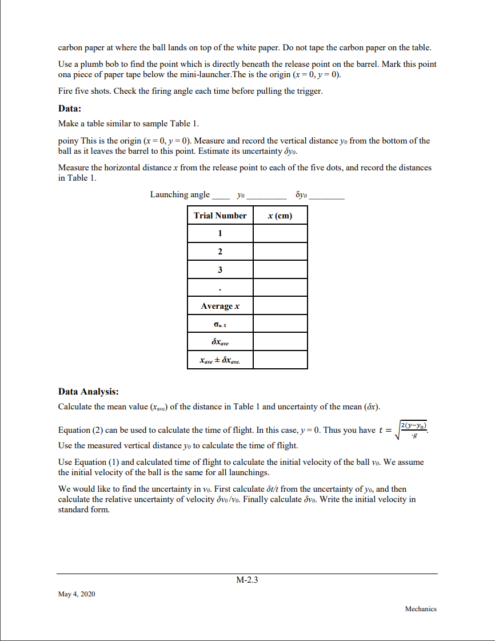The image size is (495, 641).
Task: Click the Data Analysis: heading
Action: pyautogui.click(x=89, y=392)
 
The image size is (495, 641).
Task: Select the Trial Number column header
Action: pyautogui.click(x=220, y=216)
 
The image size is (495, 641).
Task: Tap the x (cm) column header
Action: pyautogui.click(x=280, y=216)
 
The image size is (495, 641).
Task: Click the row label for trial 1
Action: pyautogui.click(x=220, y=233)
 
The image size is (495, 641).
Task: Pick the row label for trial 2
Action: pyautogui.click(x=220, y=252)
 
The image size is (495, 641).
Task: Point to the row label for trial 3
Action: pyautogui.click(x=220, y=269)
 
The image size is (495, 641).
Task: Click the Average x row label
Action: pyautogui.click(x=220, y=306)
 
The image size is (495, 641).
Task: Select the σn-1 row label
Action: pyautogui.click(x=220, y=324)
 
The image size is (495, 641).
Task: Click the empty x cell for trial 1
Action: pyautogui.click(x=280, y=233)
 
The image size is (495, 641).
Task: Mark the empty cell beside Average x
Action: pyautogui.click(x=280, y=306)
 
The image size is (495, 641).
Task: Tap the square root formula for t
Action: pyautogui.click(x=413, y=430)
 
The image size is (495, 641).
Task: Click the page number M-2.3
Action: pyautogui.click(x=247, y=580)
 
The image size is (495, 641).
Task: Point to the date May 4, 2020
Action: pyautogui.click(x=77, y=595)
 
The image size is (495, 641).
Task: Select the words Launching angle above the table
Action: pyautogui.click(x=180, y=194)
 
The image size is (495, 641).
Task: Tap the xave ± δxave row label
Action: pyautogui.click(x=220, y=360)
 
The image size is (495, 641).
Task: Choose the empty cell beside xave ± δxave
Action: pyautogui.click(x=280, y=360)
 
